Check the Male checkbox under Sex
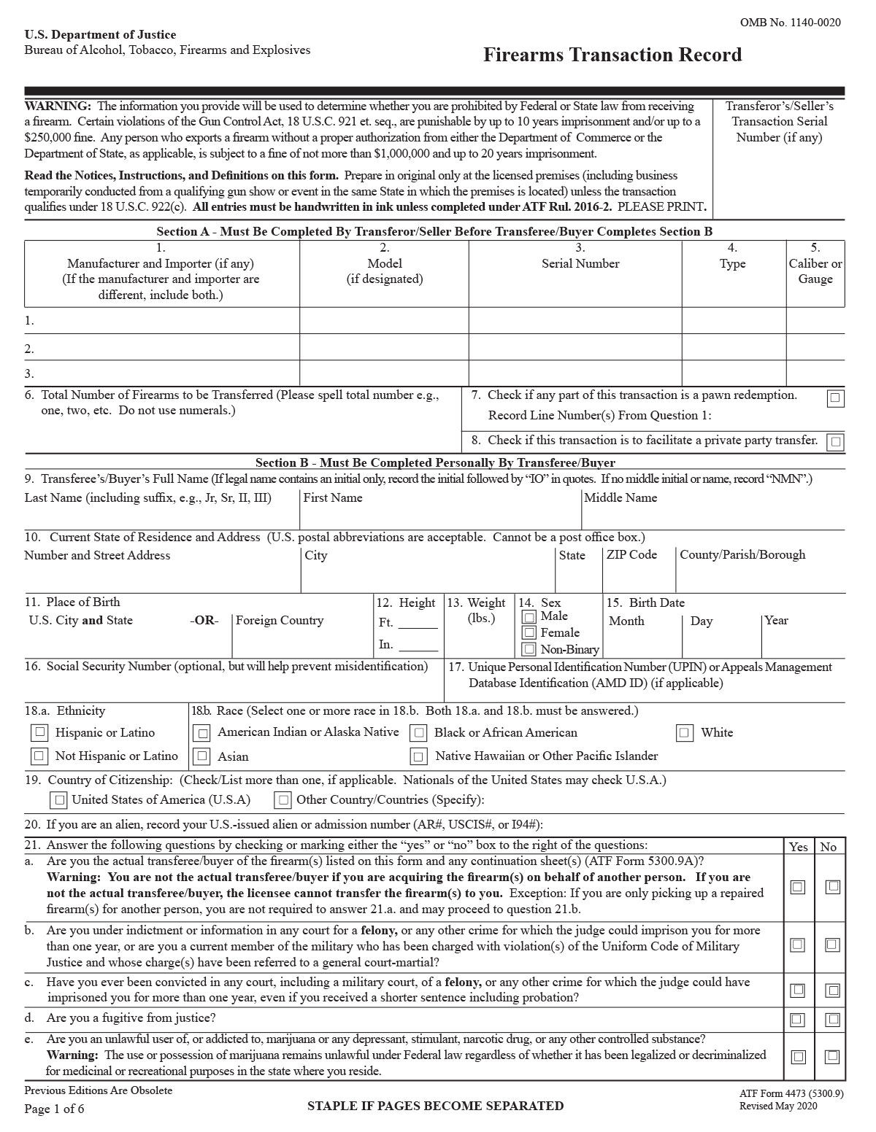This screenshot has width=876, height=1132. point(529,617)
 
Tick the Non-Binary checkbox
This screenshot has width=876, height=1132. point(529,649)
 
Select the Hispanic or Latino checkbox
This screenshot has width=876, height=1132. point(40,732)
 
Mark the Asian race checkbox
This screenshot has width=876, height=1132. point(202,756)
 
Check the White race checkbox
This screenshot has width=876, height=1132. point(684,732)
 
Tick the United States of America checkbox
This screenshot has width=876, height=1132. point(59,800)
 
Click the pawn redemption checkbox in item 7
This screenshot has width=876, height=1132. point(835,398)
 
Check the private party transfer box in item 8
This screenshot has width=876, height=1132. point(835,441)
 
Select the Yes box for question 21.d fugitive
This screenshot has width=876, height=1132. point(797,1019)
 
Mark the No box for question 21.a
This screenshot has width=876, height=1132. point(832,887)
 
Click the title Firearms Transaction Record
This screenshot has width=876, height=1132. point(612,55)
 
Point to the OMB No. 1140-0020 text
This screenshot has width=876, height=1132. point(790,23)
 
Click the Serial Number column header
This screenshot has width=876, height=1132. point(580,264)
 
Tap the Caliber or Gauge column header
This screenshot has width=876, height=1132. point(815,271)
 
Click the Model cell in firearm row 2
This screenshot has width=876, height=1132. point(384,349)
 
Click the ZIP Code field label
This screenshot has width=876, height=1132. point(631,554)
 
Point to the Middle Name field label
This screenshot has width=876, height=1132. point(620,497)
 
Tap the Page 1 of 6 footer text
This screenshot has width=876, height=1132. point(54,1109)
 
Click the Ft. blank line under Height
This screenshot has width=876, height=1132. point(418,624)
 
